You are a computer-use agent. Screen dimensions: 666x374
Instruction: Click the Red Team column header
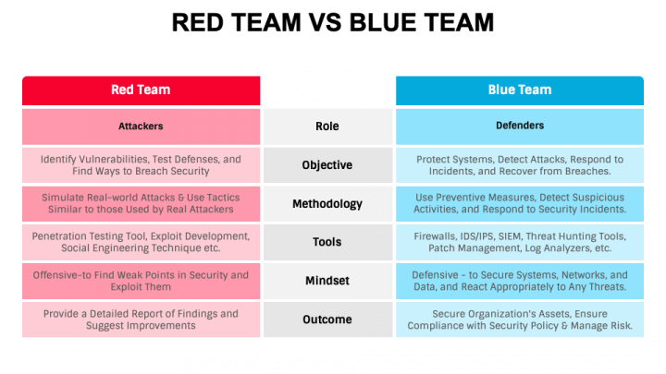[141, 90]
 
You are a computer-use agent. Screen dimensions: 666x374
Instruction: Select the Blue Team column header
[520, 90]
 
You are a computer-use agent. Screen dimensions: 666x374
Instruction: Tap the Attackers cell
[141, 127]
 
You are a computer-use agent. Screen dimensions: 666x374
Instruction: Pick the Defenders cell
[520, 127]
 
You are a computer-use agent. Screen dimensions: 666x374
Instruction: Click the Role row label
[327, 127]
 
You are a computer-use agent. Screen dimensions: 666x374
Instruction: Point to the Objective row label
[327, 165]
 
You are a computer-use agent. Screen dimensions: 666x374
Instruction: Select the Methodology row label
[327, 204]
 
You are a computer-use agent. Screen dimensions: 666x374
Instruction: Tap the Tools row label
[327, 242]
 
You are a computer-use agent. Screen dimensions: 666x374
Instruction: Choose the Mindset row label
[327, 281]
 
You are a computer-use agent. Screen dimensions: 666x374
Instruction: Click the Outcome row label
[327, 320]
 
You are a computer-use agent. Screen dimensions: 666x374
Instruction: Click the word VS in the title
[325, 22]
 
